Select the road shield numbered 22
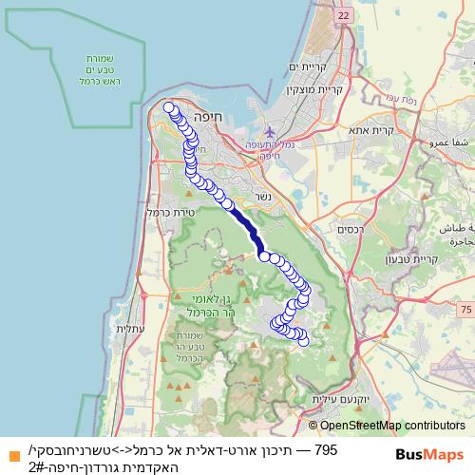[343, 16]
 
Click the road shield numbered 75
[464, 310]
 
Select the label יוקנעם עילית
[361, 403]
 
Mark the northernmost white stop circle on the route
[169, 107]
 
